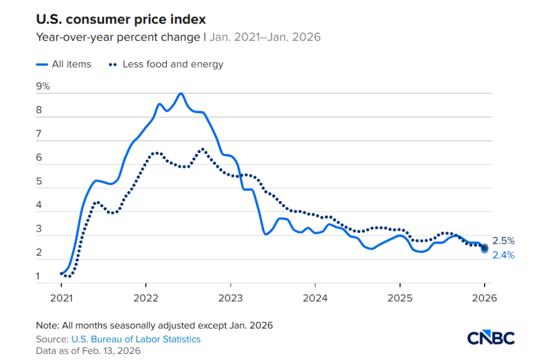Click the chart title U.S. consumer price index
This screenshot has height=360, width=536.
coord(121,20)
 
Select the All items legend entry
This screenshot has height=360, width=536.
coord(71,64)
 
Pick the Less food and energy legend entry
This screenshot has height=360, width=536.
coord(173,64)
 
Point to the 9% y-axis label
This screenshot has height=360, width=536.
coord(43,87)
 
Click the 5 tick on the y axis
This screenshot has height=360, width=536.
coord(39,182)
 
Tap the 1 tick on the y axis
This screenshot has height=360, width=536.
coord(39,276)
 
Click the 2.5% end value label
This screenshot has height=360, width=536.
coord(503,241)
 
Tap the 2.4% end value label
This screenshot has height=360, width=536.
coord(503,255)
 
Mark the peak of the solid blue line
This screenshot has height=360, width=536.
coord(180,94)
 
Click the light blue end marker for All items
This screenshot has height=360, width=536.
coord(484,250)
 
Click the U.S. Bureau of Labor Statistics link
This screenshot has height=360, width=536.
coord(136,339)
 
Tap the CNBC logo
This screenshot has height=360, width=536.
coord(490,337)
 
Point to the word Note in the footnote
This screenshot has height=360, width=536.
coord(45,325)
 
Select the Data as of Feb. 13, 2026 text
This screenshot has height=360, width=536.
coord(88,351)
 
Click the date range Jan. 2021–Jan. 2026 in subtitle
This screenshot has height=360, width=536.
coord(265,37)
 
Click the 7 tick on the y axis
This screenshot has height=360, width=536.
coord(39,134)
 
